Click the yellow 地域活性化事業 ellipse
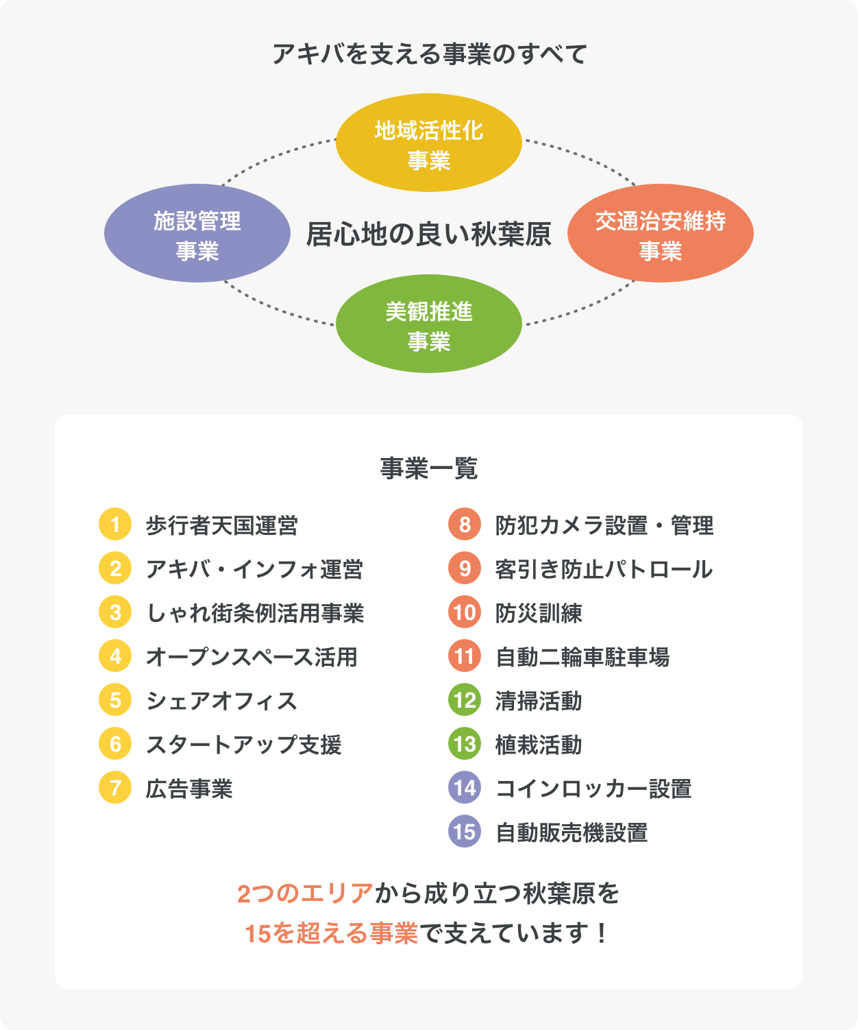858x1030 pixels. tap(428, 143)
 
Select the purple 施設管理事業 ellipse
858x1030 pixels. tap(197, 233)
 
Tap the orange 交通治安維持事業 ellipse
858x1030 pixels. tap(660, 233)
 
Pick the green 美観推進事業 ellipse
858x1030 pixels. tap(428, 324)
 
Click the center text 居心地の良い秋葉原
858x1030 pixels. tap(428, 234)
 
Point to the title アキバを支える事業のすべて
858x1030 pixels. tap(429, 53)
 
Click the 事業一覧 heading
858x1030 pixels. tap(428, 468)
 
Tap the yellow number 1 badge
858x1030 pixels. tap(115, 524)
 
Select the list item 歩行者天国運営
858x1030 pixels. tap(221, 525)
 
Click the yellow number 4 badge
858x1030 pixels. tap(115, 656)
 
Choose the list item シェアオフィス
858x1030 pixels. tap(221, 700)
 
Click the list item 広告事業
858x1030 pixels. tap(189, 789)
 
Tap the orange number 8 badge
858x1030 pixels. tap(465, 524)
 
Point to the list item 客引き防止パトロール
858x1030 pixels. tap(604, 568)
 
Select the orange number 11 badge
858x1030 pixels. tap(465, 656)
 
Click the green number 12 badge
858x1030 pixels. tap(465, 699)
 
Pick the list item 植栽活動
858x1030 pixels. tap(539, 744)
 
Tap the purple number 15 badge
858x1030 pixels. tap(465, 831)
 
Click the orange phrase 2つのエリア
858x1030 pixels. tap(305, 894)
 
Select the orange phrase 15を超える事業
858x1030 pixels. tap(332, 933)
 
